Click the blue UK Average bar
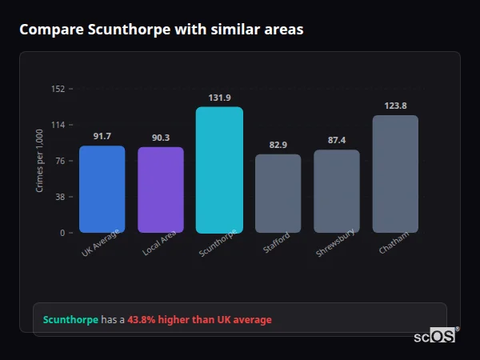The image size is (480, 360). pos(102,190)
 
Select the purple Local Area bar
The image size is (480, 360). pos(161,190)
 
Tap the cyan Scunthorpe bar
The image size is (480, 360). pos(219,170)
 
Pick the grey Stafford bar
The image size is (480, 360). pos(278,194)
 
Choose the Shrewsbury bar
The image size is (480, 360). pos(337,191)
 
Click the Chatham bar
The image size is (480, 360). pos(395,174)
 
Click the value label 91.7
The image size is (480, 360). pos(102,136)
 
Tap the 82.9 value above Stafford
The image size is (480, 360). pos(278,145)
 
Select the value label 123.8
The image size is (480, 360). pos(395,106)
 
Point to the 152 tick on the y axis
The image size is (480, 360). pos(58,89)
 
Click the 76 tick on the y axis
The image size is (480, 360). pos(60,161)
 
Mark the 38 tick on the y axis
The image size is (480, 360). pos(60,197)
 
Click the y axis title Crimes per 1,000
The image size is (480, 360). pos(39,160)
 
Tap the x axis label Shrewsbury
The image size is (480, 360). pos(336,243)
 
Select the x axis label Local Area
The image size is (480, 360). pos(160,243)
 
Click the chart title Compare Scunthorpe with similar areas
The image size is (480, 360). pos(161,30)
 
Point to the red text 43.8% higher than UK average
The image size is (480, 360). pos(199,319)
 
